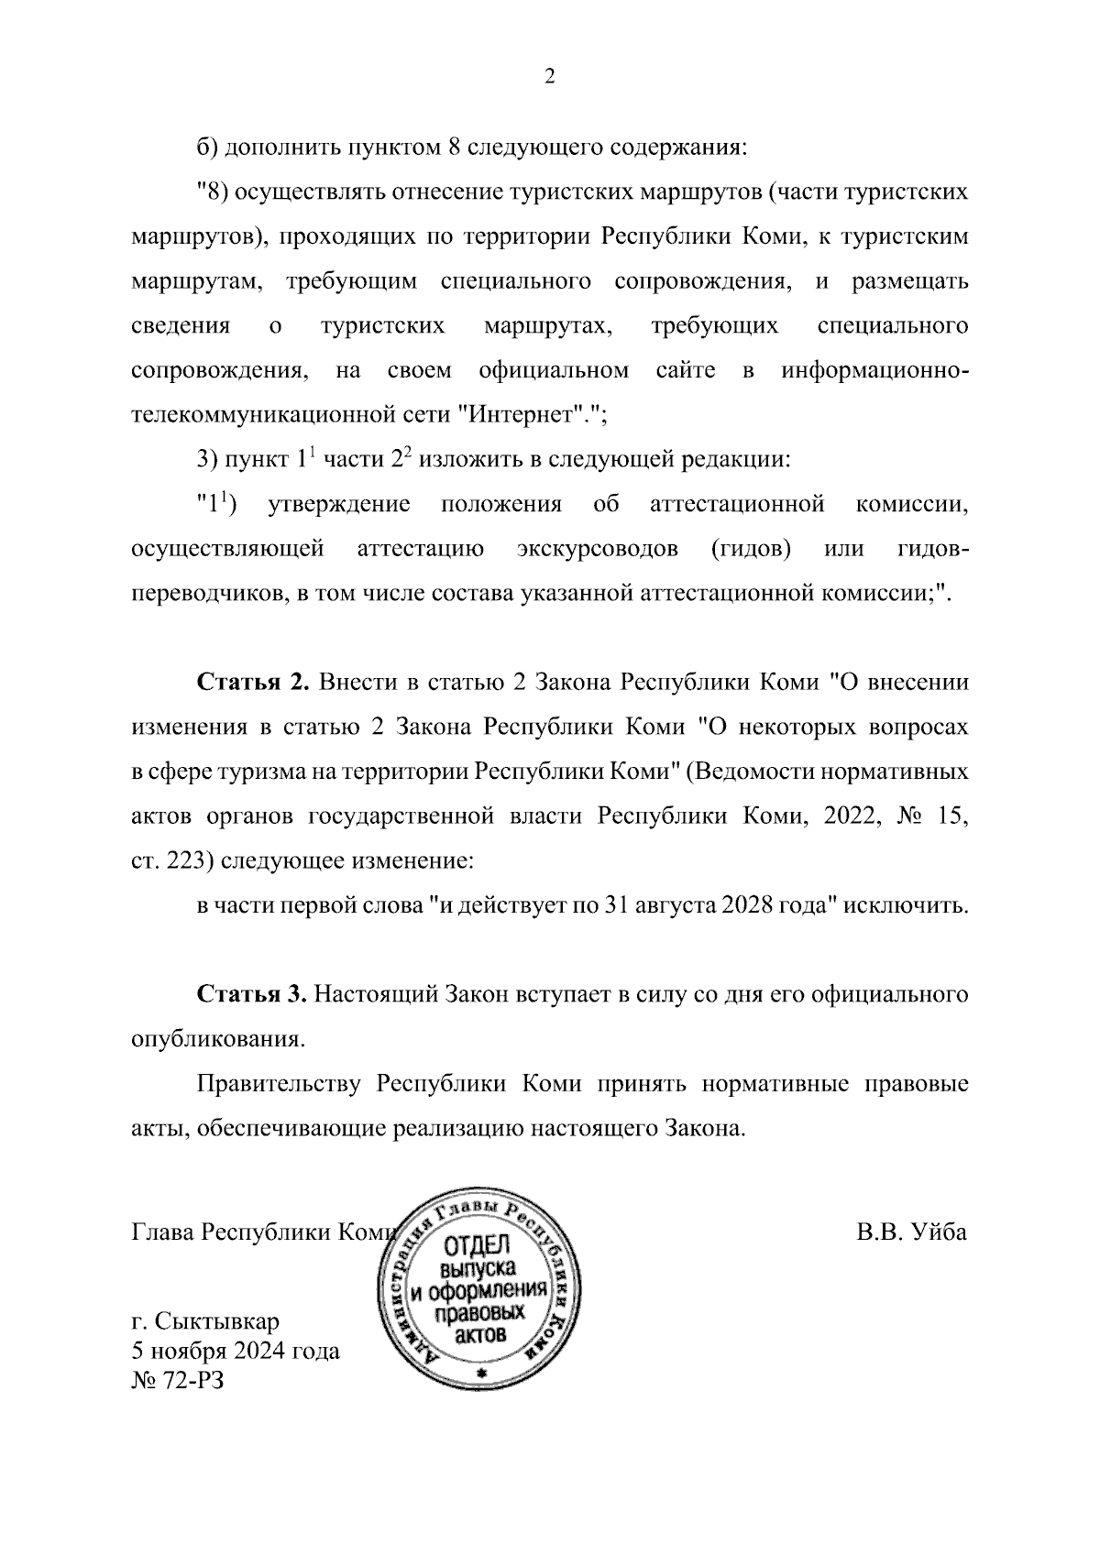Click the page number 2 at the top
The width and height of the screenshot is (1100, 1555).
[x=549, y=77]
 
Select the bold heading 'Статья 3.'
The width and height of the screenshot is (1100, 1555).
[x=249, y=995]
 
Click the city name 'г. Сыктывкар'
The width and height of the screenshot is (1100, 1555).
[x=205, y=1321]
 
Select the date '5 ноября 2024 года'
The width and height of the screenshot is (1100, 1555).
[x=236, y=1351]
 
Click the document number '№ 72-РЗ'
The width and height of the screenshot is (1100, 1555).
[x=178, y=1380]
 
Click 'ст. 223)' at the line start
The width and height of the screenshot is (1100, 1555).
[x=164, y=861]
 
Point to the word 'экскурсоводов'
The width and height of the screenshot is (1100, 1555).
[x=597, y=549]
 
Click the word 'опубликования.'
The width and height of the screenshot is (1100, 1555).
[x=216, y=1040]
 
